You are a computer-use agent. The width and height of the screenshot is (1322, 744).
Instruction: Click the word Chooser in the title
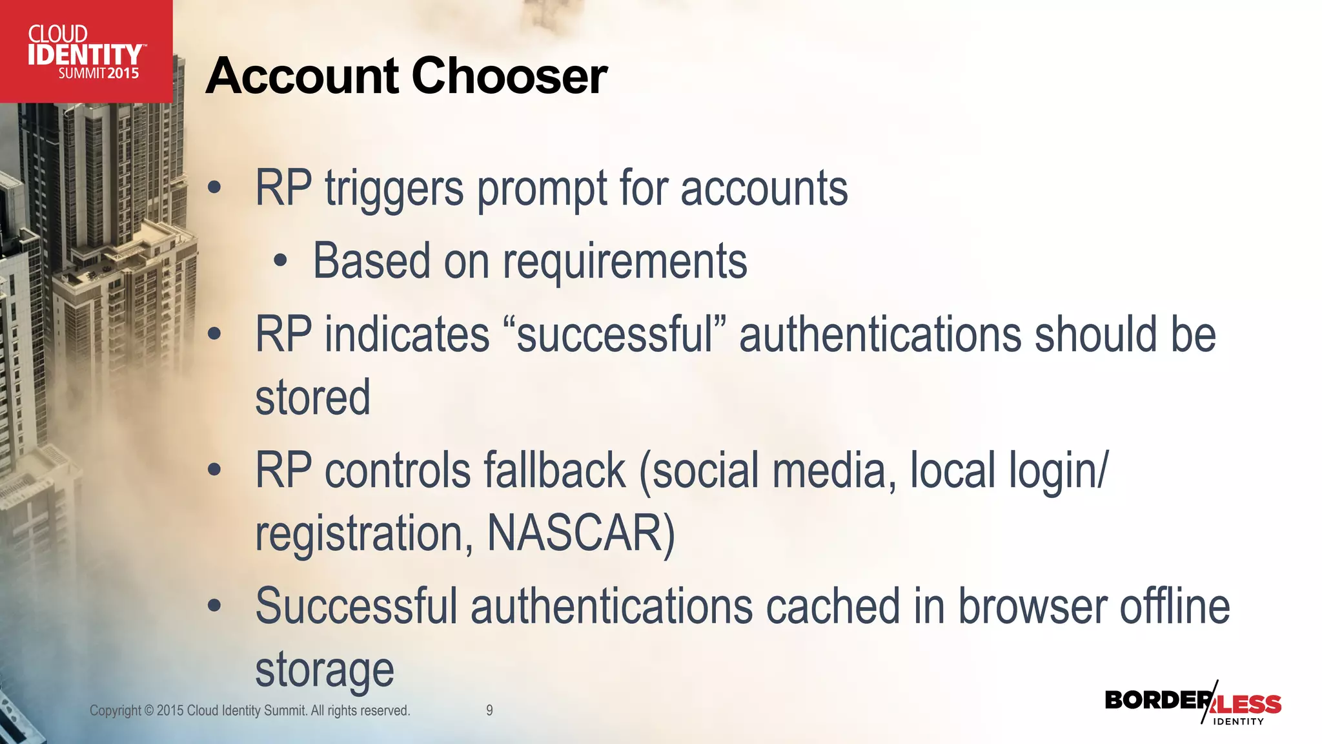[509, 76]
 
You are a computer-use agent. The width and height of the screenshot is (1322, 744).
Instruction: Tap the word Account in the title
[303, 76]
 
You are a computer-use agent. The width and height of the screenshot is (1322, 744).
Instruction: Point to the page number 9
[489, 710]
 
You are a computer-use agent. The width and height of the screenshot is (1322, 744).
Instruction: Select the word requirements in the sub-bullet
[625, 262]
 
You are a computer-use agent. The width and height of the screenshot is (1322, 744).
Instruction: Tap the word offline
[1175, 607]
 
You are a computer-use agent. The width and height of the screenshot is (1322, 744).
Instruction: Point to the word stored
[313, 398]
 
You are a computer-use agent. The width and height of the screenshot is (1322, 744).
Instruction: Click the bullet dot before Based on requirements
[280, 262]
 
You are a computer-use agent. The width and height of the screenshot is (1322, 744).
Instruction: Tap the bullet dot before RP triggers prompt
[214, 189]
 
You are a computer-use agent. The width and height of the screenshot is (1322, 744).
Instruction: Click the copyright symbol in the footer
[149, 711]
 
